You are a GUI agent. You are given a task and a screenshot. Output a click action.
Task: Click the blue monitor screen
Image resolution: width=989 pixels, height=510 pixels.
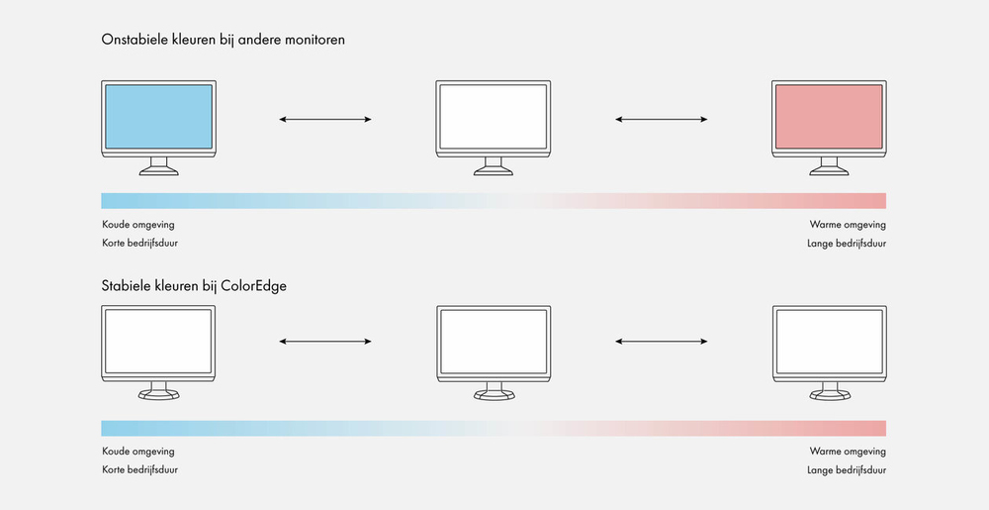tap(158, 117)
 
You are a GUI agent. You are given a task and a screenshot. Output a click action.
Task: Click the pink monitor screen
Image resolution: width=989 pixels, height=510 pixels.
tap(829, 117)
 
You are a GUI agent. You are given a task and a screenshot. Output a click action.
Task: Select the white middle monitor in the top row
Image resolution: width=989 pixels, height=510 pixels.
tap(494, 128)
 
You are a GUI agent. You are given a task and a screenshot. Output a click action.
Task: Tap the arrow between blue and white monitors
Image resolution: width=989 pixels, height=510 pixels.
tap(325, 119)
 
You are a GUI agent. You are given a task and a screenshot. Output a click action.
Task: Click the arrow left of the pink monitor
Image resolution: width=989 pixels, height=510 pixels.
tap(661, 119)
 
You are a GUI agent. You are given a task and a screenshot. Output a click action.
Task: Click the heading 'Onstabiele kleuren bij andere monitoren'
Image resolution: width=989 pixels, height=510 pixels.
tap(224, 40)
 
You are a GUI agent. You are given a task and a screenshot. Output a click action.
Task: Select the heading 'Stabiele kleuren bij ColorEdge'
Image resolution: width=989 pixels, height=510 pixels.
tap(194, 286)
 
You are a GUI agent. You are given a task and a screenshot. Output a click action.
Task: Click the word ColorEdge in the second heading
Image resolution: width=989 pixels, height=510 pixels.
tap(253, 286)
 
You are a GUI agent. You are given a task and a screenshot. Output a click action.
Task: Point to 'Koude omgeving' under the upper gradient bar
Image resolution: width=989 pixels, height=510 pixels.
tap(138, 225)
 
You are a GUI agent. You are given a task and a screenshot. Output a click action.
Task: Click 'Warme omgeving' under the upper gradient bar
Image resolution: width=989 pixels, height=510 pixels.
tap(848, 225)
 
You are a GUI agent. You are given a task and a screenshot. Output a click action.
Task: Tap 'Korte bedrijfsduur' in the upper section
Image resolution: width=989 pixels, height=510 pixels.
tap(140, 243)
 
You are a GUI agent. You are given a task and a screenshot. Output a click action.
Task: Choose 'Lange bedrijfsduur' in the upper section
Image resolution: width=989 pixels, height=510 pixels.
tap(847, 243)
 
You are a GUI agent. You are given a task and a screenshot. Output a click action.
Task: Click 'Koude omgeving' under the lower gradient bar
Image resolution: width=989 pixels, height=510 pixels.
tap(138, 452)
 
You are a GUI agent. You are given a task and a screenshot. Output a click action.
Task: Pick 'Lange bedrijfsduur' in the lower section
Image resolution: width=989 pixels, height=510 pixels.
tap(847, 469)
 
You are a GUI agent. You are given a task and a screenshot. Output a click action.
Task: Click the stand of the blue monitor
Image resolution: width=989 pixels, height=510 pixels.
tap(159, 166)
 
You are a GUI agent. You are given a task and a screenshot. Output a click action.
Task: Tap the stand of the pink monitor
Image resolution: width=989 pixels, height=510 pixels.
tap(830, 166)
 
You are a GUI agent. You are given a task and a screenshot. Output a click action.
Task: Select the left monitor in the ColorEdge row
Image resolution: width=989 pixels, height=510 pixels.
tap(158, 353)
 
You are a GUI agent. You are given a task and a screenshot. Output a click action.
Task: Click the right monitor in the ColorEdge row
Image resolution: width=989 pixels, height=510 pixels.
tap(830, 353)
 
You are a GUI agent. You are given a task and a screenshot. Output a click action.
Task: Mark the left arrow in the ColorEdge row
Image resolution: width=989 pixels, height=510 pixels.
tap(325, 342)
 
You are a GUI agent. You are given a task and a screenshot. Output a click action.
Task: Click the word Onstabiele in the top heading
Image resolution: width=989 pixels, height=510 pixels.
tap(135, 40)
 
